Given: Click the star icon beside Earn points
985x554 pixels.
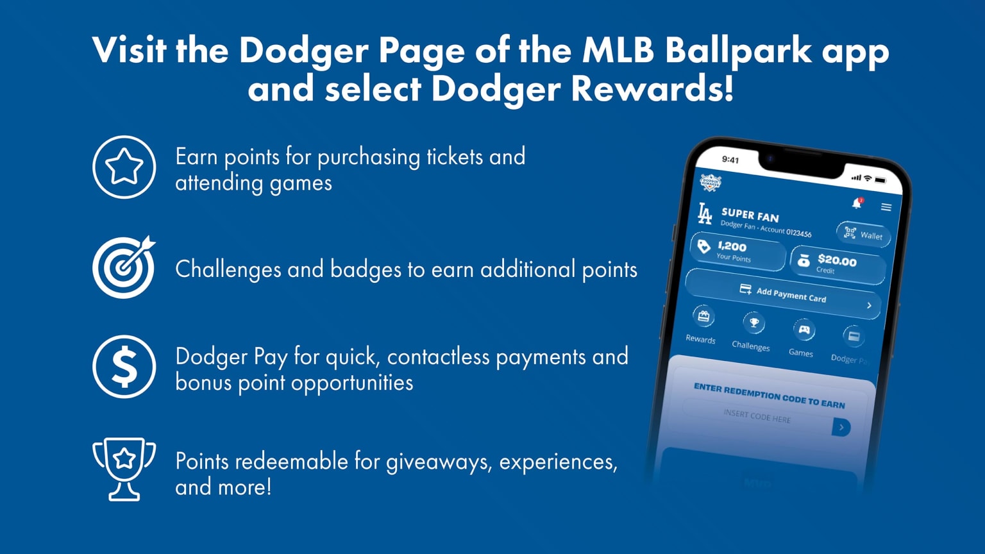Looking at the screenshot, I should point(124,167).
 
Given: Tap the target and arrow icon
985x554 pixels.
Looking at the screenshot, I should point(124,267).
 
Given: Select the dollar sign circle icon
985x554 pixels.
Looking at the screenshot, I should point(124,367).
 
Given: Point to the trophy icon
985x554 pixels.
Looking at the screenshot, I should point(124,468).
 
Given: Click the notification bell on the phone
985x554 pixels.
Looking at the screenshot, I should point(857,203).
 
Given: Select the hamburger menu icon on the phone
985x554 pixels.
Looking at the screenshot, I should point(886,207).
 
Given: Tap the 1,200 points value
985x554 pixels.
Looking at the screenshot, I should point(732,246).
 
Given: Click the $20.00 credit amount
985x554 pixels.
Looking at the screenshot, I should point(837,260).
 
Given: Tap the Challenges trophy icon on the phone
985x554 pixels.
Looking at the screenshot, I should point(754,323).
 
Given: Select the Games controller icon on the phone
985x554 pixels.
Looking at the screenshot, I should point(804,330).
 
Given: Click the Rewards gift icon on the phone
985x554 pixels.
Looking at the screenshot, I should point(703,316).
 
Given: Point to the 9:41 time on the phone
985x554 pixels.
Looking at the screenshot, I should point(730,160).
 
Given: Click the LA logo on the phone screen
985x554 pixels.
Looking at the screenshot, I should point(705,214).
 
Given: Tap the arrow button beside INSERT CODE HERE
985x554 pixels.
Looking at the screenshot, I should point(841,427).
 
